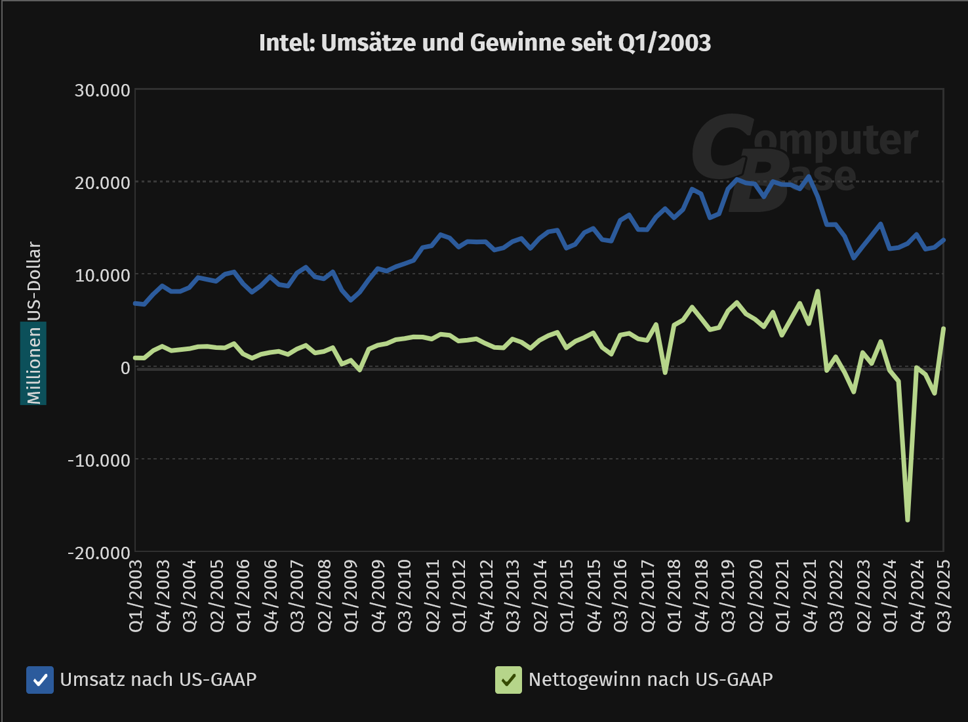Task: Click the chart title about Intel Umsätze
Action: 485,43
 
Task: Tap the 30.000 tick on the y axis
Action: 103,91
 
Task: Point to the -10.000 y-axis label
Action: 100,461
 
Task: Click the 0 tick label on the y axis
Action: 125,368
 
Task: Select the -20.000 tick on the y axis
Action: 100,553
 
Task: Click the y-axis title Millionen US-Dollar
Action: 33,323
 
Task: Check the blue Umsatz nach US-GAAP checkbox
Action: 40,680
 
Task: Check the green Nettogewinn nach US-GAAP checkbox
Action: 508,680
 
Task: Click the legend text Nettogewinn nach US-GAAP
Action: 651,679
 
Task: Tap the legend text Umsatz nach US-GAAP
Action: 158,679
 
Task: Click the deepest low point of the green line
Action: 908,520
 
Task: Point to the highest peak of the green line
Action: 818,291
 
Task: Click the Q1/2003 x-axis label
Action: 136,595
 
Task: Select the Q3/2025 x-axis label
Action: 943,595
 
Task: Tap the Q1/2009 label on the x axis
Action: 352,595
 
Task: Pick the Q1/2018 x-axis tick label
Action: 674,595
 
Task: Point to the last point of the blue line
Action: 943,240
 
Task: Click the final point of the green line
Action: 943,328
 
